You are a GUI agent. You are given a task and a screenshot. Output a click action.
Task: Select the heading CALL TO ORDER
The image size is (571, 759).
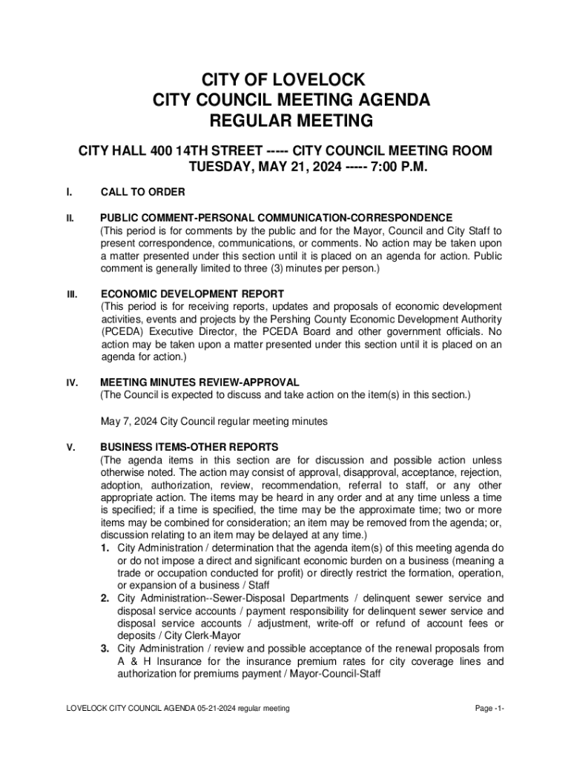[x=143, y=193]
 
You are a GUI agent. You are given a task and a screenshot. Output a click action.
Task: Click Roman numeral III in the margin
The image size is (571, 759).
[x=72, y=294]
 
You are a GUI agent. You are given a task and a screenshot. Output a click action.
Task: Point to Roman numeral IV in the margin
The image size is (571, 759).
[x=72, y=382]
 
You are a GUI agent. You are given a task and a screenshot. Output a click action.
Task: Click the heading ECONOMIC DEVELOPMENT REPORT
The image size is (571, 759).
[x=192, y=294]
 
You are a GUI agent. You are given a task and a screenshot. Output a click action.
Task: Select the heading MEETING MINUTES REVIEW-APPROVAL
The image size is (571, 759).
[x=199, y=382]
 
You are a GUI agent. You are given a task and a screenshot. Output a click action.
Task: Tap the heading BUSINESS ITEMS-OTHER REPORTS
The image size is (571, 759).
[x=190, y=447]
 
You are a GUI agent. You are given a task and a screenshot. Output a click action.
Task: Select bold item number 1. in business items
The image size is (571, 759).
[x=106, y=548]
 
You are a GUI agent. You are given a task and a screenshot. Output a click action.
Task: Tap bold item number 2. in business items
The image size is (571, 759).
[x=106, y=598]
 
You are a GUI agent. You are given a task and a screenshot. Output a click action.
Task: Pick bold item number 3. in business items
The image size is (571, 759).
[x=106, y=649]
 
